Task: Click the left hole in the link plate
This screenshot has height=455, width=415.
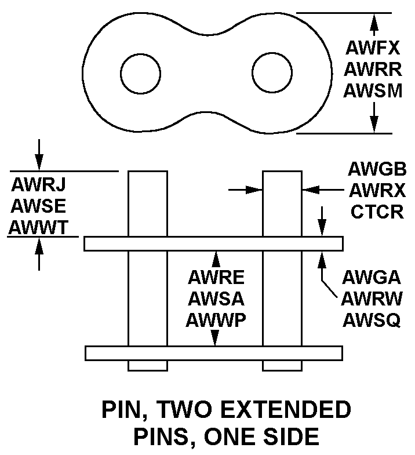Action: tap(140, 72)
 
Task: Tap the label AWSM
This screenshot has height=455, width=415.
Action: tap(373, 91)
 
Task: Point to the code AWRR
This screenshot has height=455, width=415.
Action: tap(373, 68)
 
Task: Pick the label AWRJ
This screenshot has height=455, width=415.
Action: tap(38, 185)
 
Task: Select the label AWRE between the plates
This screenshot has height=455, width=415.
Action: tap(216, 276)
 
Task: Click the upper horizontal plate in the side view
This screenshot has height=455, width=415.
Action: tap(213, 243)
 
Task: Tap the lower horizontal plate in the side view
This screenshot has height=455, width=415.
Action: tap(213, 352)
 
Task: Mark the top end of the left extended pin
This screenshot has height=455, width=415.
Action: tap(148, 173)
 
